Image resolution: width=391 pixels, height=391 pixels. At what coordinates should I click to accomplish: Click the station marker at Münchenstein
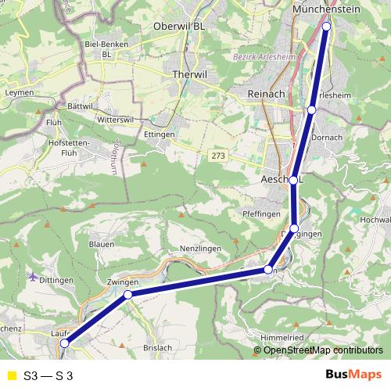(326, 26)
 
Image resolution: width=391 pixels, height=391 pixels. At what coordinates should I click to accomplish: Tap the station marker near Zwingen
(127, 295)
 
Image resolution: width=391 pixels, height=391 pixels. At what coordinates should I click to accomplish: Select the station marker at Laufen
(65, 343)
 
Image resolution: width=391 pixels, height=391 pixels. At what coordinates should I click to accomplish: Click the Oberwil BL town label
(179, 25)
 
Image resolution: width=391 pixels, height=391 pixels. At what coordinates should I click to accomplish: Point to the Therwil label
(188, 74)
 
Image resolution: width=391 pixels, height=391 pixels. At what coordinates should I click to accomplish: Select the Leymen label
(20, 92)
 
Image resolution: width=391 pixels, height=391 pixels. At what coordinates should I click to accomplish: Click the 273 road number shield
(219, 156)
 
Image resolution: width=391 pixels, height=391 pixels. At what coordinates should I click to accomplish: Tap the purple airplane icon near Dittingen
(32, 276)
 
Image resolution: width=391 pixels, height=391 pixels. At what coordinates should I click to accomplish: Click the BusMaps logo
(353, 375)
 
